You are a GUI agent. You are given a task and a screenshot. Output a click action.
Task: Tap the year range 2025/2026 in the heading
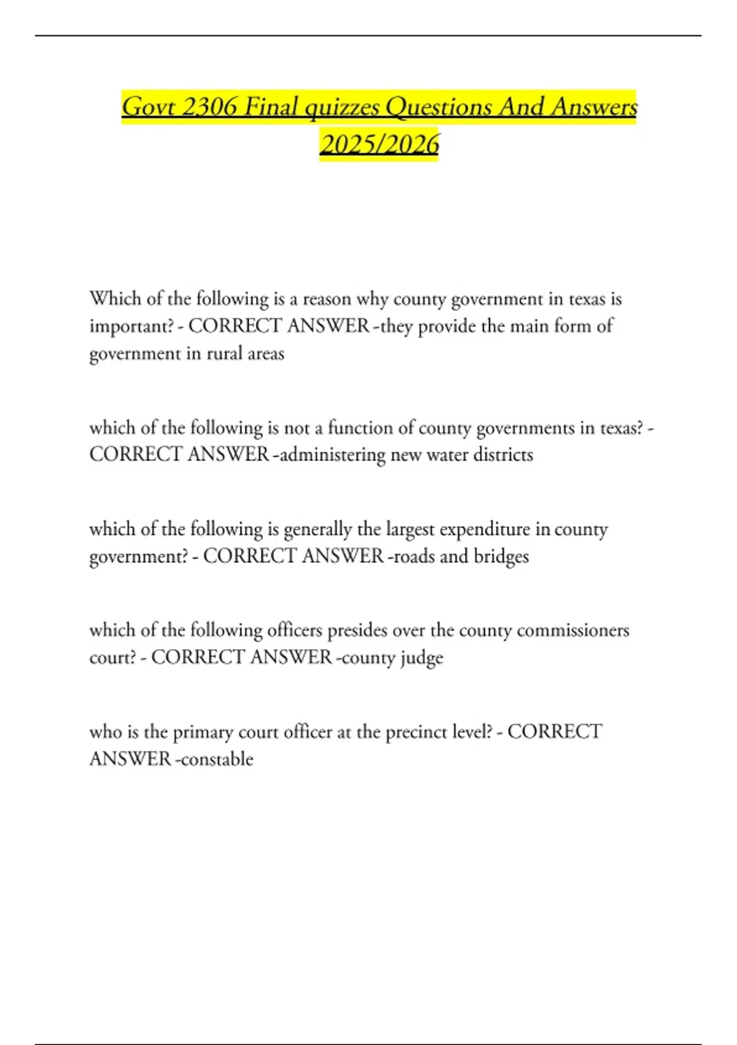(x=380, y=144)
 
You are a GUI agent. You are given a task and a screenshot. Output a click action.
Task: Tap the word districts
(x=502, y=455)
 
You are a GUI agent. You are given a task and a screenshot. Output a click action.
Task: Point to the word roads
(x=413, y=556)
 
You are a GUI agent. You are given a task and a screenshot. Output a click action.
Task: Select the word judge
(x=422, y=658)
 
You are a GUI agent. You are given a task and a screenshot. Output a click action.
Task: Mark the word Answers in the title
(x=594, y=107)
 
